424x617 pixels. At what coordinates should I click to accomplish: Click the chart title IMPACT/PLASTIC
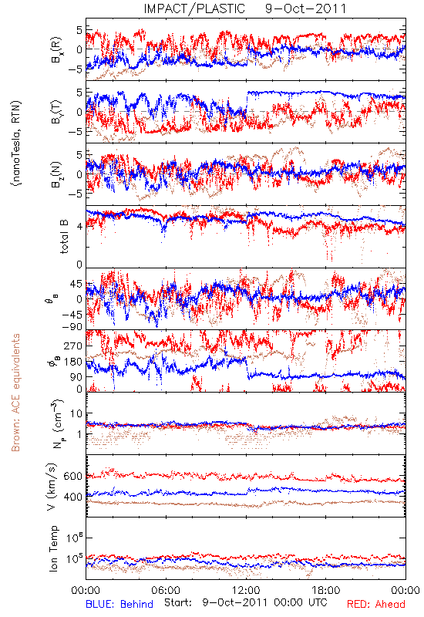[x=194, y=8]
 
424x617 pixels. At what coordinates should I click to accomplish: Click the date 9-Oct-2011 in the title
[x=305, y=8]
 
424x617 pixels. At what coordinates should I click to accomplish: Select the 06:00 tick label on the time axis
[x=166, y=590]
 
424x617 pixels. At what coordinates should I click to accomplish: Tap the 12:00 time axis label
[x=246, y=590]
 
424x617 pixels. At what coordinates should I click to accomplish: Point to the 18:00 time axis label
[x=326, y=590]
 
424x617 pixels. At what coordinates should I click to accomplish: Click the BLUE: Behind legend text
[x=119, y=605]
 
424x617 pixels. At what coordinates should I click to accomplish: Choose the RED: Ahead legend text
[x=376, y=605]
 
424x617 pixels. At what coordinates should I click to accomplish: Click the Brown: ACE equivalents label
[x=15, y=393]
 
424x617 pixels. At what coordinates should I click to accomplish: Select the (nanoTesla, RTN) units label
[x=16, y=143]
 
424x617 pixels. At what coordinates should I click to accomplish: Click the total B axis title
[x=64, y=237]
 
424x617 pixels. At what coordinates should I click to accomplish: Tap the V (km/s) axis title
[x=52, y=487]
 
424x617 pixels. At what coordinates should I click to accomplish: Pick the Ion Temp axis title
[x=53, y=548]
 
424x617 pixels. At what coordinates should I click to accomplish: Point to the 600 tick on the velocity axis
[x=72, y=476]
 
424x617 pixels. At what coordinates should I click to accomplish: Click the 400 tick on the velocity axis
[x=72, y=497]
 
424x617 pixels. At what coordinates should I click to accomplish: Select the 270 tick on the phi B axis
[x=73, y=346]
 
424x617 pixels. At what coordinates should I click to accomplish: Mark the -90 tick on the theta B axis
[x=72, y=326]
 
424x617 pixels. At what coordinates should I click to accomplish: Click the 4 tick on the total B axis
[x=79, y=226]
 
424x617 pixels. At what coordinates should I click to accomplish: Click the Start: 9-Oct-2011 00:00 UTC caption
[x=246, y=603]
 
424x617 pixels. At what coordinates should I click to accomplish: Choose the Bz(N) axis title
[x=56, y=174]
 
